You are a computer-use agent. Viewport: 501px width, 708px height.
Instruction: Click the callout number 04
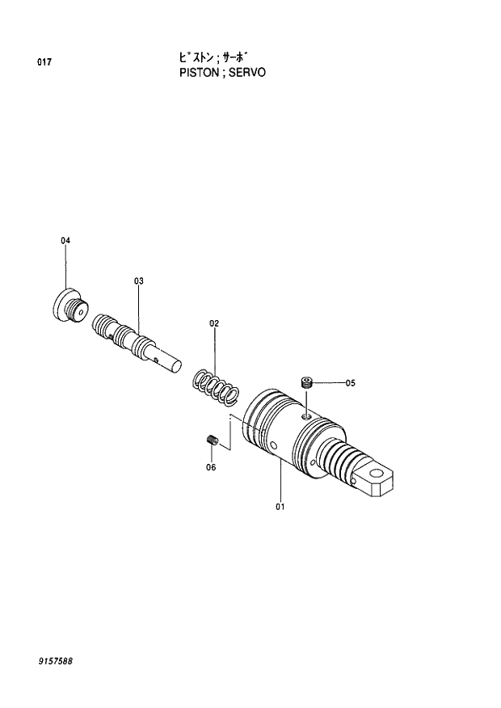click(65, 241)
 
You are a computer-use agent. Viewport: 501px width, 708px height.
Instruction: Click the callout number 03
click(138, 280)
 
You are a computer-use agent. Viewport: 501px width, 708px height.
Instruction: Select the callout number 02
click(214, 323)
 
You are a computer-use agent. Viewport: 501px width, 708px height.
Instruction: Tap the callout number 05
click(350, 383)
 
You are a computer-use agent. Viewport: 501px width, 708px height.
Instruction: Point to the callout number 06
click(211, 467)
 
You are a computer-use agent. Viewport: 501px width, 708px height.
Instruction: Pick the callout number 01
click(280, 507)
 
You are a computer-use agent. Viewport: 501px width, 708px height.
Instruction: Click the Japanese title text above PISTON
click(205, 57)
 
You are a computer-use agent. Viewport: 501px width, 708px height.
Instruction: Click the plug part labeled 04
click(68, 306)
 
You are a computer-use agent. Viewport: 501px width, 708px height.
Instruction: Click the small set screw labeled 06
click(213, 440)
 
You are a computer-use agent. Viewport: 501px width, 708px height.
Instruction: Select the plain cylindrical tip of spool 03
click(171, 360)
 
